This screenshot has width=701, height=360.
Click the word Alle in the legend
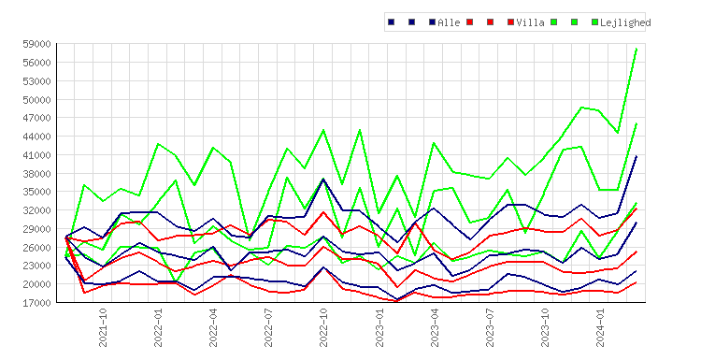tap(449, 22)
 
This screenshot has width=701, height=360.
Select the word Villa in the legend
tap(530, 22)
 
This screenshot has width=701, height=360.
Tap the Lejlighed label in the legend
tap(625, 22)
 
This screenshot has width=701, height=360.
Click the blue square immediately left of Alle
tap(433, 22)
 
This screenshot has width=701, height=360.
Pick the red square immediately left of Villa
tap(510, 22)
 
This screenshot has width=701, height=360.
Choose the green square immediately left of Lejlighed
tap(594, 22)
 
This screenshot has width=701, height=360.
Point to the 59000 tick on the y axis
tap(36, 44)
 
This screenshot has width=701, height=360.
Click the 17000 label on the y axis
tap(36, 303)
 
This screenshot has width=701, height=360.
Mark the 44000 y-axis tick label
tap(36, 137)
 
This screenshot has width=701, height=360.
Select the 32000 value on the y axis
tap(36, 210)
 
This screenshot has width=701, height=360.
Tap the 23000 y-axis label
tap(36, 266)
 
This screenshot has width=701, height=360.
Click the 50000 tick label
tap(36, 99)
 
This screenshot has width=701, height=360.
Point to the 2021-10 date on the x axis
tap(103, 327)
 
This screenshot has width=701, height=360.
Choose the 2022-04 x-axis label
tap(213, 327)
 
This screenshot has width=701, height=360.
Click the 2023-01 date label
tap(379, 327)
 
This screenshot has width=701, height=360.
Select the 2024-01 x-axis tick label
tap(600, 327)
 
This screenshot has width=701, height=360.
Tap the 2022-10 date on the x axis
tap(323, 327)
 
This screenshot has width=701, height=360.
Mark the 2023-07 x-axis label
tap(490, 327)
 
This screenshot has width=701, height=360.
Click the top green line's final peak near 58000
tap(637, 49)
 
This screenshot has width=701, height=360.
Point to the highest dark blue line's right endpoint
tap(637, 155)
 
